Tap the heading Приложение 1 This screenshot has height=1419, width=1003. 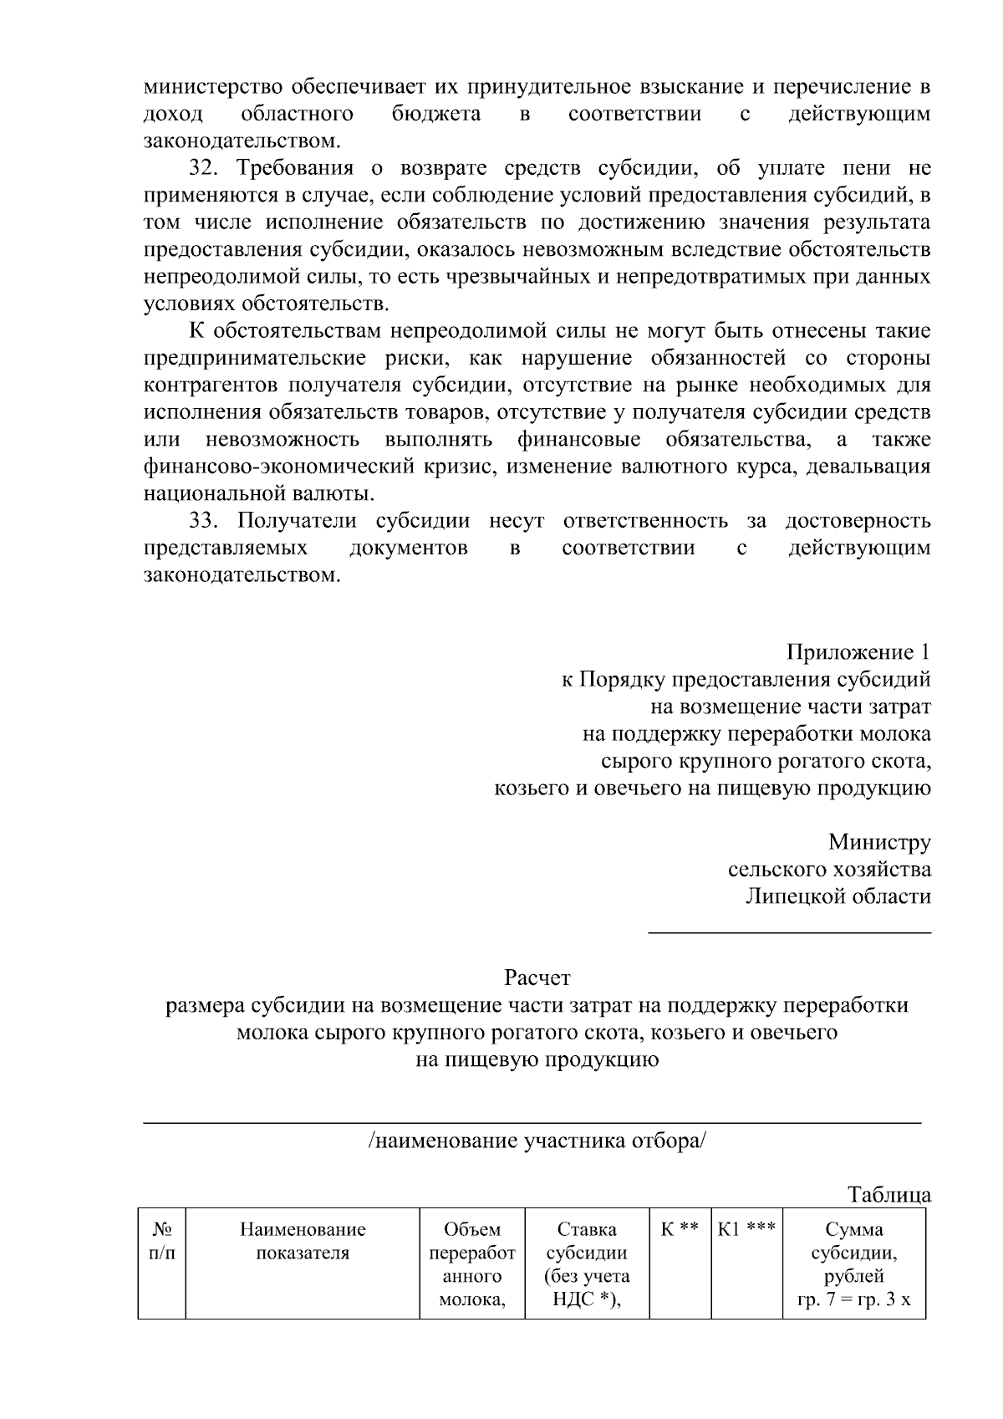(x=858, y=652)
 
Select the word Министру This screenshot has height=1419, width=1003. (x=879, y=842)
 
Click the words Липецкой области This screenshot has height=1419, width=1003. (x=838, y=896)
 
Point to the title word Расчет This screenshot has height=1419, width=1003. (x=537, y=977)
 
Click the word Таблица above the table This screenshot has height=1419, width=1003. (x=889, y=1195)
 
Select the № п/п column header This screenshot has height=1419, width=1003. (x=162, y=1242)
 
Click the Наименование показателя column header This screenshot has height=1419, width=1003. (x=303, y=1242)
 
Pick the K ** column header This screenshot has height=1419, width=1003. (x=680, y=1230)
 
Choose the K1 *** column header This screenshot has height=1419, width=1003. (x=746, y=1230)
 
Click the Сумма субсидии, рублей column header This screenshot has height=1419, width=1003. (x=853, y=1264)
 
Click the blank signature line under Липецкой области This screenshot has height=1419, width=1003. (x=790, y=931)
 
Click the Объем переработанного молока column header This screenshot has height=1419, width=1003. (x=472, y=1264)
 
